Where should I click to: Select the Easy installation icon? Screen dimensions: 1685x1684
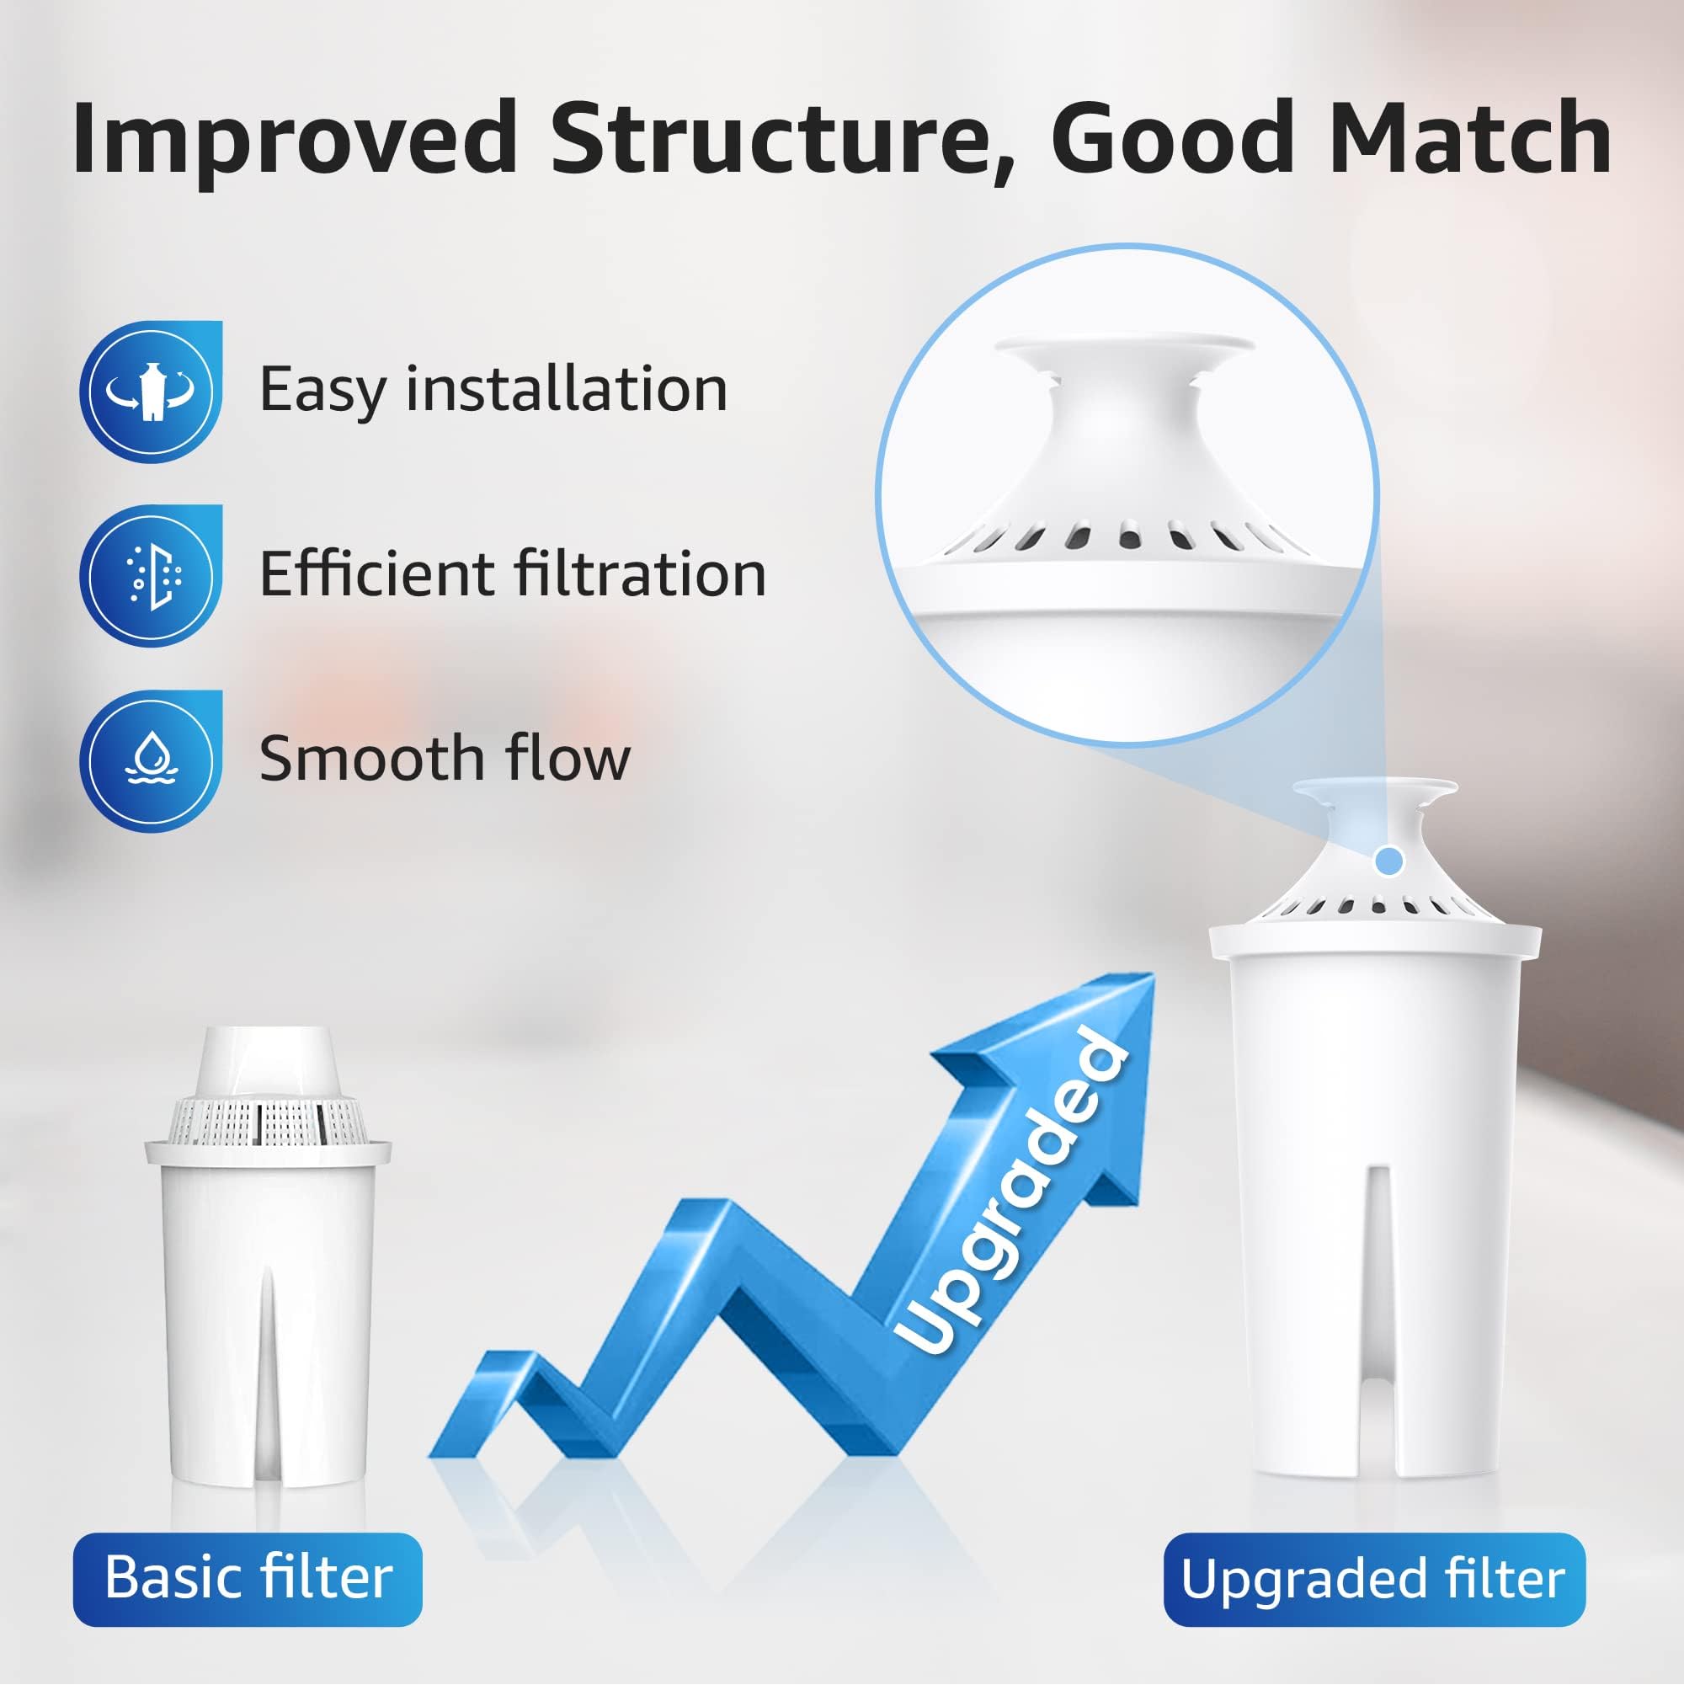point(151,392)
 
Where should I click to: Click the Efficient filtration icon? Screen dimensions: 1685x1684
point(151,576)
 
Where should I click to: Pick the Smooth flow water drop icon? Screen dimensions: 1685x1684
point(151,760)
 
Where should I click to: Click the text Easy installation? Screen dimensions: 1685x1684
point(493,389)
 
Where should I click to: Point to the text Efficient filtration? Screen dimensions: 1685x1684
point(513,574)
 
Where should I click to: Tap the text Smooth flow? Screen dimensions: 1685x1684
point(445,759)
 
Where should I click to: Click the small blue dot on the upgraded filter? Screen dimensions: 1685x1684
point(1389,861)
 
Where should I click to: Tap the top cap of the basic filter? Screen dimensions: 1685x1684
point(268,1059)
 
